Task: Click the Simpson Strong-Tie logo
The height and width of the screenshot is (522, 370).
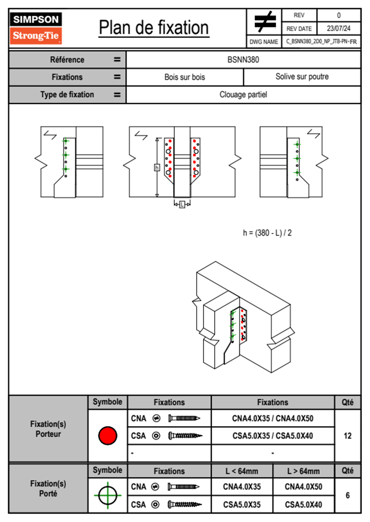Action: pyautogui.click(x=36, y=28)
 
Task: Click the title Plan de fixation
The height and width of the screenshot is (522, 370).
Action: pyautogui.click(x=154, y=28)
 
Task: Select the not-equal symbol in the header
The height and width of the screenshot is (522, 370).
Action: pyautogui.click(x=265, y=22)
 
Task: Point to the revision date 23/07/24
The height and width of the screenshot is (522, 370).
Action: pyautogui.click(x=338, y=29)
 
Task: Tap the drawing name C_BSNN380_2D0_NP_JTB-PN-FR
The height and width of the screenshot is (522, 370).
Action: pyautogui.click(x=321, y=42)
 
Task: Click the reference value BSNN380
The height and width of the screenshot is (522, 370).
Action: pyautogui.click(x=243, y=60)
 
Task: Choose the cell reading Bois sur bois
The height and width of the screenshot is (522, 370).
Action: pyautogui.click(x=185, y=77)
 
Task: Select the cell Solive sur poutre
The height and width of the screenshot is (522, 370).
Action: pyautogui.click(x=302, y=77)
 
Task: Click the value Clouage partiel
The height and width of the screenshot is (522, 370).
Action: pyautogui.click(x=243, y=95)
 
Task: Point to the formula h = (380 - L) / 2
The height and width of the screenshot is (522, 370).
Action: pyautogui.click(x=267, y=233)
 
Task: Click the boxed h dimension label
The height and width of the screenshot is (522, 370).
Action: pyautogui.click(x=157, y=168)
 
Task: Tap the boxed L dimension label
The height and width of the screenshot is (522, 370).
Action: pyautogui.click(x=182, y=204)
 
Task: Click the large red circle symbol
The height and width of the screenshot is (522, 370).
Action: pyautogui.click(x=108, y=435)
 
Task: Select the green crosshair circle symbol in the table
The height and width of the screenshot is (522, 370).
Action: pyautogui.click(x=108, y=495)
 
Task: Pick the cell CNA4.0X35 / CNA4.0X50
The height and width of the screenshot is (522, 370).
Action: pyautogui.click(x=273, y=418)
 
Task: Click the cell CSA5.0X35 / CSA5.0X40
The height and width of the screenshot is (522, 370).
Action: pyautogui.click(x=273, y=436)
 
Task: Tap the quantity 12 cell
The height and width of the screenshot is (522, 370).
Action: pyautogui.click(x=347, y=436)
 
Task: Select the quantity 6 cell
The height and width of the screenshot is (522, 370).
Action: pyautogui.click(x=347, y=495)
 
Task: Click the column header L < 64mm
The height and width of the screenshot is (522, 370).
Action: pyautogui.click(x=242, y=471)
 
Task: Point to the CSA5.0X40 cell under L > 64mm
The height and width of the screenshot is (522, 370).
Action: pyautogui.click(x=303, y=505)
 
